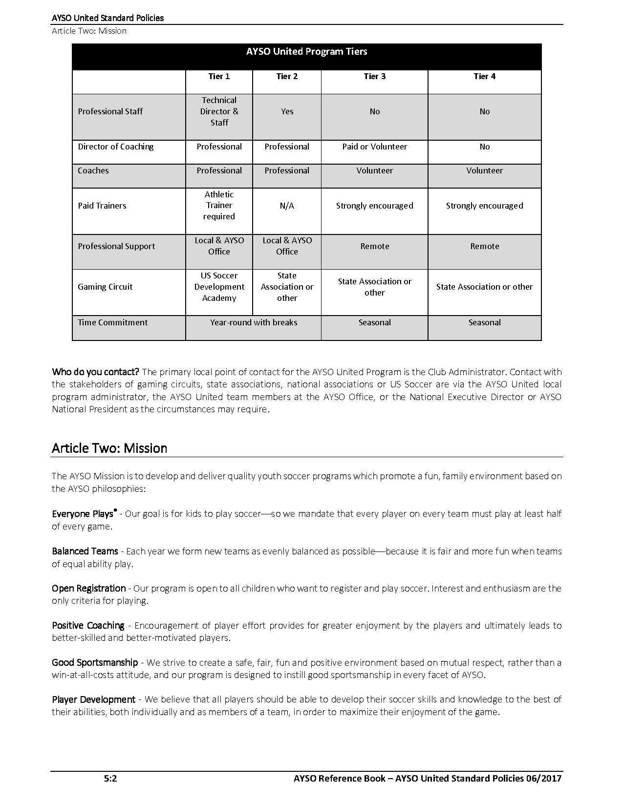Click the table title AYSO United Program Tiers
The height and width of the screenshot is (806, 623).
[306, 51]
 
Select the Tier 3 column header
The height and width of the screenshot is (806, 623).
[374, 76]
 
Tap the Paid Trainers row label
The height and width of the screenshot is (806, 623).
[102, 206]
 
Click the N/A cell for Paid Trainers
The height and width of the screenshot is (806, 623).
[287, 206]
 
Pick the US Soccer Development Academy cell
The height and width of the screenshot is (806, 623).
[219, 287]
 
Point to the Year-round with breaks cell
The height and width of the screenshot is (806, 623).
[254, 322]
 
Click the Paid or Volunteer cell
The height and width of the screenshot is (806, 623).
[374, 147]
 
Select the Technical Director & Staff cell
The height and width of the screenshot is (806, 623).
[219, 111]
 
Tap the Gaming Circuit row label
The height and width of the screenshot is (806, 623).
[105, 287]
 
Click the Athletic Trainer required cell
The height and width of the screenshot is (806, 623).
[219, 206]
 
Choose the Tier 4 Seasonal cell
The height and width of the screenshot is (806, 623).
[484, 322]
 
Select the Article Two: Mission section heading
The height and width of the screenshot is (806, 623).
[109, 448]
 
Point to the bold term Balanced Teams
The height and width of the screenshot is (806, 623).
[85, 551]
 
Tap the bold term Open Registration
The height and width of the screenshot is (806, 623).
[88, 588]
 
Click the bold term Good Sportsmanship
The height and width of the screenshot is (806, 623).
[95, 662]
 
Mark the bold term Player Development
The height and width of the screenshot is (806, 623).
[93, 700]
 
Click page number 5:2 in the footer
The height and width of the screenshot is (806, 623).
[110, 778]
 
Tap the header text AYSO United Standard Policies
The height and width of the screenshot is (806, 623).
[107, 18]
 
